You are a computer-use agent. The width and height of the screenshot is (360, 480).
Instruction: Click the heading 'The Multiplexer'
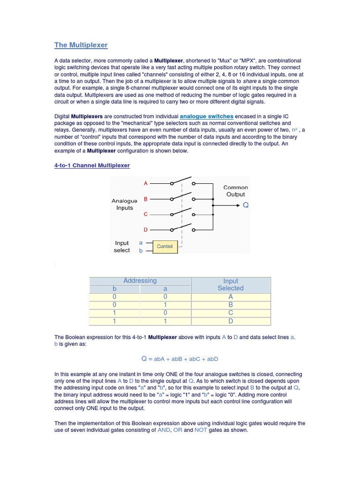tap(81, 45)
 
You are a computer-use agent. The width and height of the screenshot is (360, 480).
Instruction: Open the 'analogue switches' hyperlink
tap(206, 116)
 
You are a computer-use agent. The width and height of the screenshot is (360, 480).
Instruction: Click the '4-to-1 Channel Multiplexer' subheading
tap(92, 165)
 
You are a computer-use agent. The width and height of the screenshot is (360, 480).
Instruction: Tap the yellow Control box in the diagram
tap(165, 247)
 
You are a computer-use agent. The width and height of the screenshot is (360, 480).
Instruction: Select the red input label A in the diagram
tap(146, 183)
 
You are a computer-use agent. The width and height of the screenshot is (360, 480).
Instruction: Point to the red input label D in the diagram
tap(146, 230)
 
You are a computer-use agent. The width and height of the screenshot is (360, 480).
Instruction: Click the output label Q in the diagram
tap(246, 205)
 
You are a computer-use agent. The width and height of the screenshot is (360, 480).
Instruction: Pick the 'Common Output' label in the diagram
tap(235, 191)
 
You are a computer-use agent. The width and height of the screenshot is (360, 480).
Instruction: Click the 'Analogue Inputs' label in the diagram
tap(124, 204)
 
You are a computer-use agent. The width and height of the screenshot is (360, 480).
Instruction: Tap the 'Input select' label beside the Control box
tap(122, 247)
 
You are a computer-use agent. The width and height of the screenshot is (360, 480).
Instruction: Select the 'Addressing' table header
tap(140, 281)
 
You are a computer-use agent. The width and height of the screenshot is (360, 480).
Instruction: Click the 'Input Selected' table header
tap(231, 285)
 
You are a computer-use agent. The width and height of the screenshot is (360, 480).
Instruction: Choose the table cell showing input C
tap(231, 313)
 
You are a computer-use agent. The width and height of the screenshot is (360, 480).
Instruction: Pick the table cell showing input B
tap(231, 305)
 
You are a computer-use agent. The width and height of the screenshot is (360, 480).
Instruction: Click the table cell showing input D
tap(231, 321)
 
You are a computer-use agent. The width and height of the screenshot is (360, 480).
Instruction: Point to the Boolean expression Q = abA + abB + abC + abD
tap(180, 359)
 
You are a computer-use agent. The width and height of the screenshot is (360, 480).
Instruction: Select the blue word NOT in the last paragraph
tap(202, 430)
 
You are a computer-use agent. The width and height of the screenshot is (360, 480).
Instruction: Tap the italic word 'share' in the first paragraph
tap(249, 81)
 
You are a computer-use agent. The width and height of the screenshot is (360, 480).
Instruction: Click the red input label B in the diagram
tap(146, 199)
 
